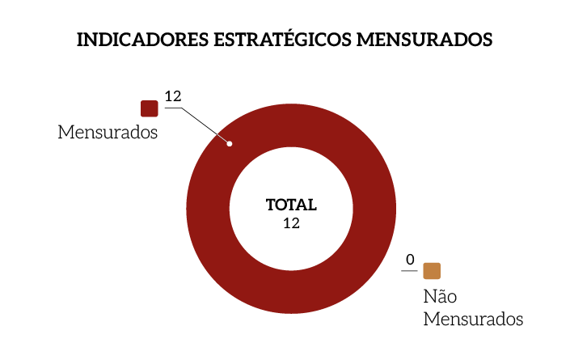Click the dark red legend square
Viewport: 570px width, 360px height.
click(x=149, y=108)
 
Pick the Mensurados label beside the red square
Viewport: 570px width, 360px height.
click(x=108, y=132)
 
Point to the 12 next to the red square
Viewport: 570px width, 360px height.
click(x=172, y=96)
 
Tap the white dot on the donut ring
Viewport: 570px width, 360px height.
click(x=230, y=144)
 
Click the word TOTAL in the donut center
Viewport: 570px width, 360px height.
click(x=291, y=205)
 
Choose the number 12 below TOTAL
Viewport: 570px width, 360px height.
click(x=291, y=223)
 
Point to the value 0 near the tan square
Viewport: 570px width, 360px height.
click(x=410, y=260)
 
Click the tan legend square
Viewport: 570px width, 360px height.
click(x=432, y=271)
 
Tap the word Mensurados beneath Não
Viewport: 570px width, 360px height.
click(x=473, y=319)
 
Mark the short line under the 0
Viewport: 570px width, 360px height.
click(x=407, y=270)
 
